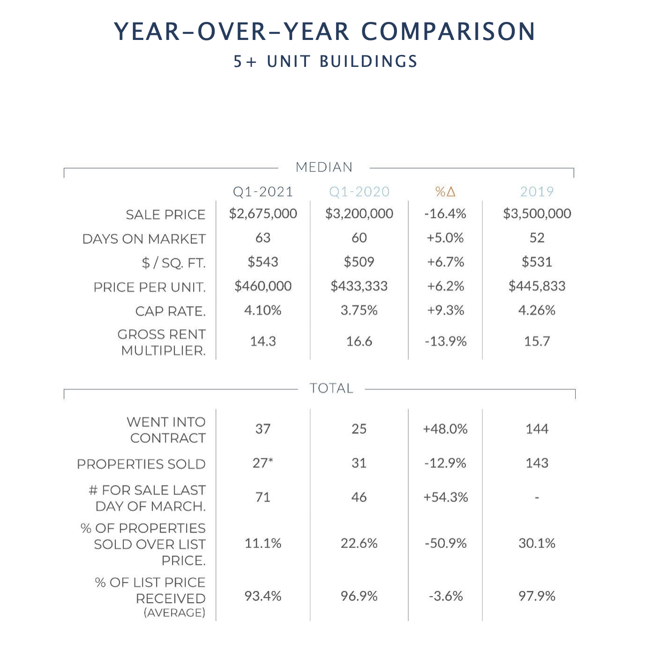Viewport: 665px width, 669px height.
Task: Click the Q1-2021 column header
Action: pyautogui.click(x=263, y=192)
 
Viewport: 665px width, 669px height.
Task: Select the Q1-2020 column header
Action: pyautogui.click(x=359, y=192)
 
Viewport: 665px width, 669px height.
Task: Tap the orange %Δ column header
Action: pyautogui.click(x=445, y=192)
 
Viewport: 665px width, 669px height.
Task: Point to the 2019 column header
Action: pyautogui.click(x=537, y=192)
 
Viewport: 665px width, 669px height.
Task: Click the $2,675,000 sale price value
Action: pyautogui.click(x=263, y=214)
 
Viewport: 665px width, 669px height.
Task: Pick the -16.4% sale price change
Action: pyautogui.click(x=445, y=214)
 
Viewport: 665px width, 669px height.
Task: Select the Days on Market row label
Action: pyautogui.click(x=144, y=239)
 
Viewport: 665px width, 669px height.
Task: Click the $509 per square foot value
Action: pyautogui.click(x=359, y=262)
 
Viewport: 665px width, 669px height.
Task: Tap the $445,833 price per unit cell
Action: pyautogui.click(x=537, y=286)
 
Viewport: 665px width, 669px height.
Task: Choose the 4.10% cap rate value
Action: pyautogui.click(x=263, y=311)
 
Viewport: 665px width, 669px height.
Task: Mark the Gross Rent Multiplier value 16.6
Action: pyautogui.click(x=359, y=341)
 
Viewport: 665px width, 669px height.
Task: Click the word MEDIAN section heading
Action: pyautogui.click(x=324, y=167)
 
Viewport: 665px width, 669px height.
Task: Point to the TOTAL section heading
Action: pyautogui.click(x=331, y=388)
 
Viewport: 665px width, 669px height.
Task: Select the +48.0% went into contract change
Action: pyautogui.click(x=445, y=429)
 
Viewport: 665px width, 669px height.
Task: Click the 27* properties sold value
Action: pyautogui.click(x=263, y=463)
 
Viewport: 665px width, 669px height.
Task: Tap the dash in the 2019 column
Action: pyautogui.click(x=537, y=498)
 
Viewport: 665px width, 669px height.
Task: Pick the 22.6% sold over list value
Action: pyautogui.click(x=359, y=543)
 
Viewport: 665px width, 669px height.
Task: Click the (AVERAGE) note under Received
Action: pyautogui.click(x=175, y=613)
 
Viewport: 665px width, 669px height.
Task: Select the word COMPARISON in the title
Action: pyautogui.click(x=448, y=31)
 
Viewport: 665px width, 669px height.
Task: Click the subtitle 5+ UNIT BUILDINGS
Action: pyautogui.click(x=326, y=61)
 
